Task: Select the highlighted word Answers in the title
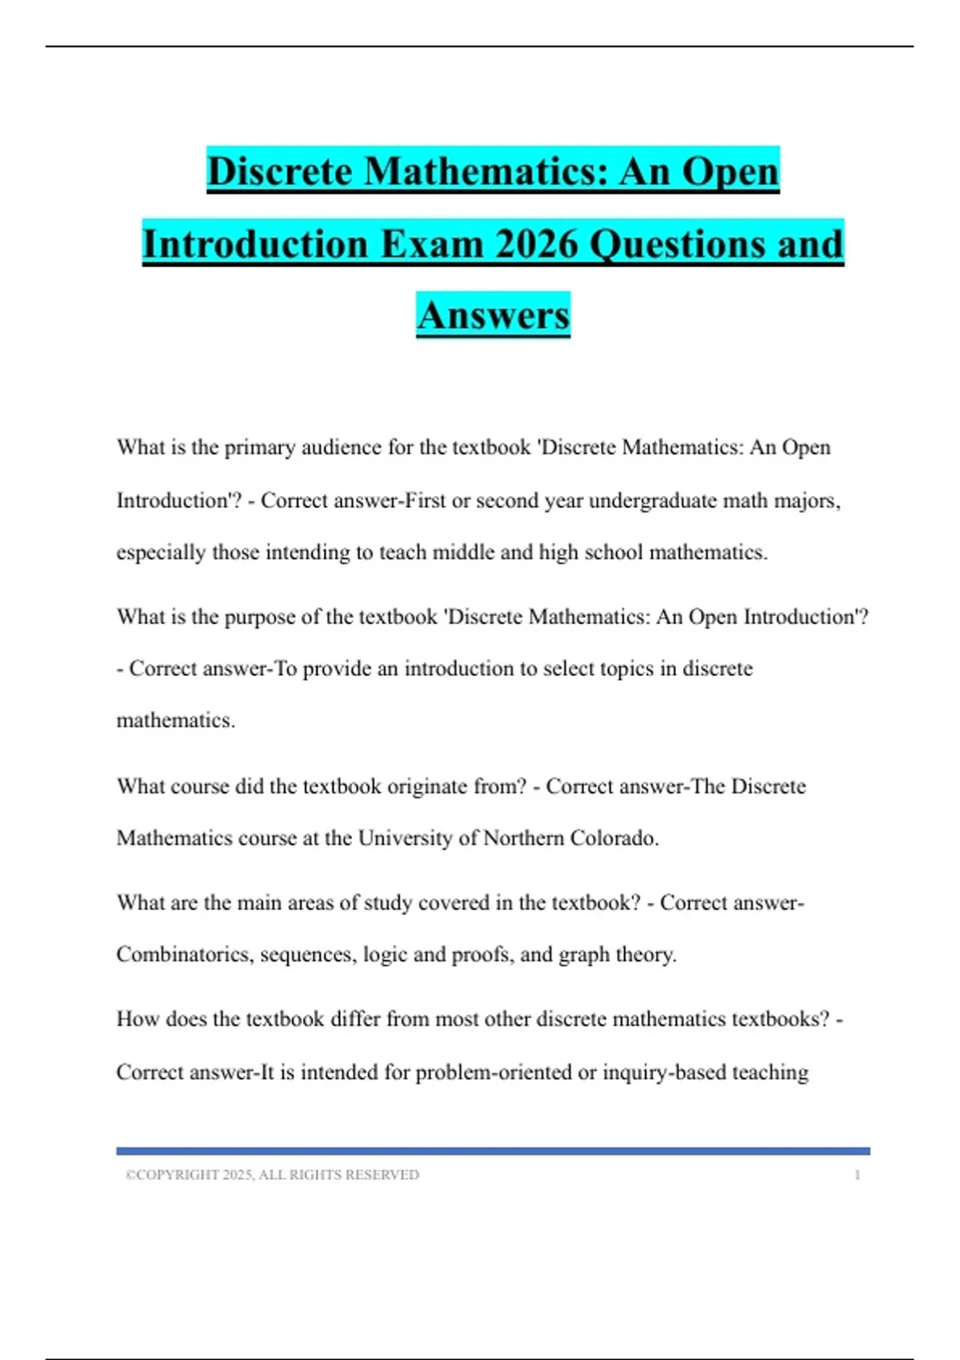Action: pyautogui.click(x=493, y=314)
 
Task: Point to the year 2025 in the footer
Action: pyautogui.click(x=237, y=1175)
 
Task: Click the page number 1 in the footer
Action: pyautogui.click(x=858, y=1175)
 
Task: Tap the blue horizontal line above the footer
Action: pyautogui.click(x=493, y=1151)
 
